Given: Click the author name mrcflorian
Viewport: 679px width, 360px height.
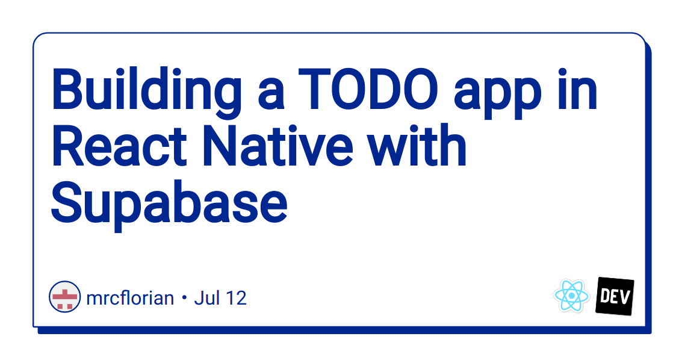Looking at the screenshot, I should (x=130, y=297).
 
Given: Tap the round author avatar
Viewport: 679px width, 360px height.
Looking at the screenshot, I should (x=64, y=297).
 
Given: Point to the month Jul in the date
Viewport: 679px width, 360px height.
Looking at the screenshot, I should (x=208, y=297).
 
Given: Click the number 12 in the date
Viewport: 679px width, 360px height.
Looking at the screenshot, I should (x=236, y=297).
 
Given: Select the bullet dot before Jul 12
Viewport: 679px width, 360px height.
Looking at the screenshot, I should (x=184, y=298).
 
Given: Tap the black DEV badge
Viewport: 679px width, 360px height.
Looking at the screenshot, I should (x=615, y=296).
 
